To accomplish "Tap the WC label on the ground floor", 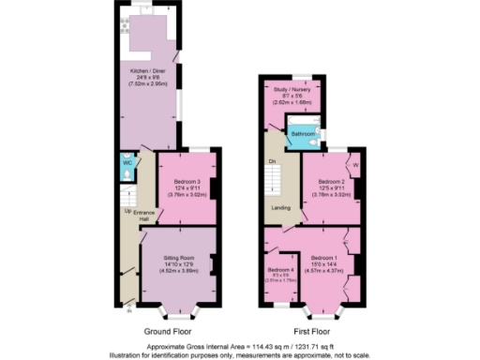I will pyautogui.click(x=127, y=162).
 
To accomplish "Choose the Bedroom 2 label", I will pyautogui.click(x=332, y=181).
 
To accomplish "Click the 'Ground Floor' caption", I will pyautogui.click(x=169, y=333).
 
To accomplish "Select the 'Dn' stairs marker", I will pyautogui.click(x=272, y=161).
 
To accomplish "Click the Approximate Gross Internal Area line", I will pyautogui.click(x=240, y=345).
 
